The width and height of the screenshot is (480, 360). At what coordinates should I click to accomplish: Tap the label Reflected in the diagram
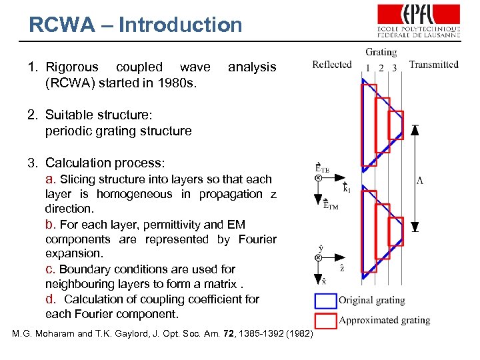[x=331, y=64]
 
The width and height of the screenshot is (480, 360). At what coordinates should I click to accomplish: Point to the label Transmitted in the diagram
[x=433, y=64]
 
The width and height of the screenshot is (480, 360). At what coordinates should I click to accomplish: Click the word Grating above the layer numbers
[x=381, y=52]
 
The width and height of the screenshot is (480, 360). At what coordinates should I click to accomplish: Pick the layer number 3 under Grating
[x=394, y=67]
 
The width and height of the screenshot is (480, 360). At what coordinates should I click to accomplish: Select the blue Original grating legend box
[x=325, y=300]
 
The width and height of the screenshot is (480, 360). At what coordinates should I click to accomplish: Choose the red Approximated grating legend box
[x=325, y=320]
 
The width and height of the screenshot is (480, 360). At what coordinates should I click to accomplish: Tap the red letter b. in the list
[x=51, y=224]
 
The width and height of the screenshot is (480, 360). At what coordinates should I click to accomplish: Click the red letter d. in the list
[x=51, y=299]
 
